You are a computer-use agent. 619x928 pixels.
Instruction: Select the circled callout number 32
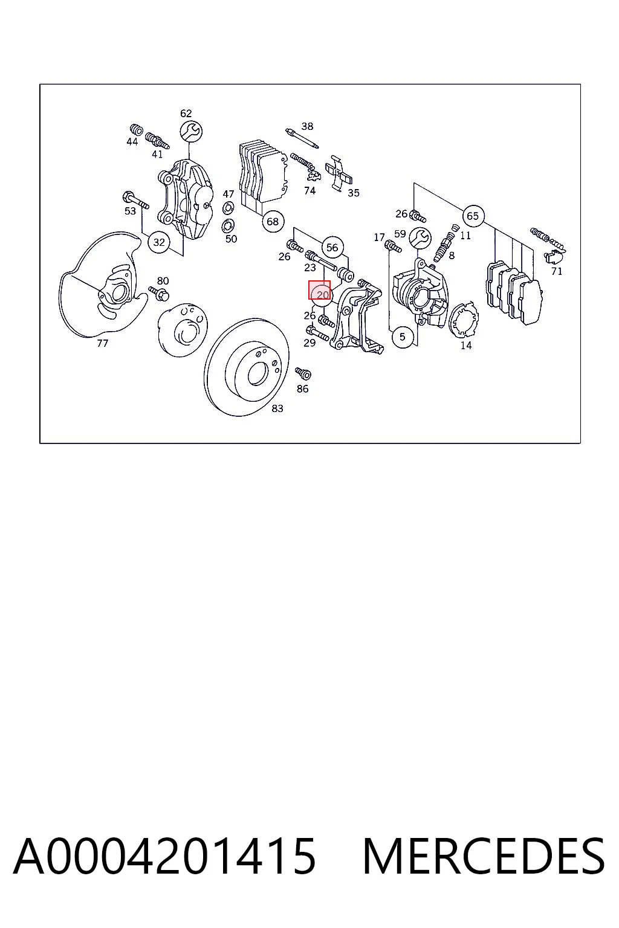tap(159, 242)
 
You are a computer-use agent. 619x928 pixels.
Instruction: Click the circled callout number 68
tap(273, 222)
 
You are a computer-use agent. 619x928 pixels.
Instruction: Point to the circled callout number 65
tap(473, 216)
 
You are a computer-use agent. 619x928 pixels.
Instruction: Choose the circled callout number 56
tap(332, 248)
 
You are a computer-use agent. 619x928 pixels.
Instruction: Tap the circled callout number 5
tap(403, 337)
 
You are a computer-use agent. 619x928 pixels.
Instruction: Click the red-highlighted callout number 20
tap(322, 295)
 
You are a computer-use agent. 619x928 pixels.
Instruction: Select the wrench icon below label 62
tap(190, 132)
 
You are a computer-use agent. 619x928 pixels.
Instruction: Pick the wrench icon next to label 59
tap(420, 238)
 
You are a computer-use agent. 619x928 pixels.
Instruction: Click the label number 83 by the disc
tap(277, 408)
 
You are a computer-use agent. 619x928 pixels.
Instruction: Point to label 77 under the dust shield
tap(102, 343)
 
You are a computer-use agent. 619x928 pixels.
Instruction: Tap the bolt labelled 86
tap(303, 373)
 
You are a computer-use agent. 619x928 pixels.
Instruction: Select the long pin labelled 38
tap(302, 138)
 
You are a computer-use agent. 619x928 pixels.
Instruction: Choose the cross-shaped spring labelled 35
tap(339, 173)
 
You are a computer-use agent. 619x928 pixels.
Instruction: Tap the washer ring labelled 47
tap(228, 208)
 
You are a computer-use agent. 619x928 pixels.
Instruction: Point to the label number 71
tap(557, 271)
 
